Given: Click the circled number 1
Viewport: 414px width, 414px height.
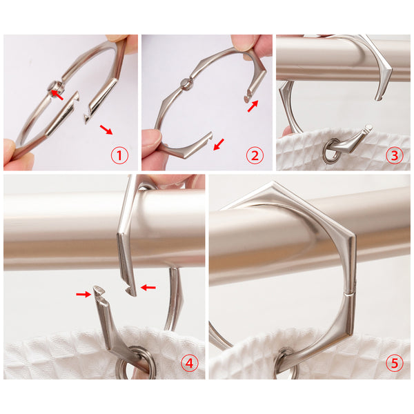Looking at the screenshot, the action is [119, 155].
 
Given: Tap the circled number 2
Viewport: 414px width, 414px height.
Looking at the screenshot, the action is [255, 155].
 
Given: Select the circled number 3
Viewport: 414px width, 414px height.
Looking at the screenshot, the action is [394, 155].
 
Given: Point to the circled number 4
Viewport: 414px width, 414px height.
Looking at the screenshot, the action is [190, 364].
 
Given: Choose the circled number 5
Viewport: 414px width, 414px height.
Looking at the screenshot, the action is [394, 363].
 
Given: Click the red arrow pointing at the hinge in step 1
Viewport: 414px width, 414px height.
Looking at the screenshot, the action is [57, 95].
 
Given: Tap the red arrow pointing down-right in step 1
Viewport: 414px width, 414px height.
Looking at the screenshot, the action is [106, 130].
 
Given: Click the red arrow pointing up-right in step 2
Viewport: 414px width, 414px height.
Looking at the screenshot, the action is [253, 106].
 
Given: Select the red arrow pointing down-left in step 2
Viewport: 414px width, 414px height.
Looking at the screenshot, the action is [219, 144].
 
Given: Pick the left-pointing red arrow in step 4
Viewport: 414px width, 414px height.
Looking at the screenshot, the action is [148, 287].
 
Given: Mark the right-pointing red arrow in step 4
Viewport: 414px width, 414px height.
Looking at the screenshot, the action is [83, 294].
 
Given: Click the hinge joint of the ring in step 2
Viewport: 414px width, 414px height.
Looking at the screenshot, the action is [186, 84].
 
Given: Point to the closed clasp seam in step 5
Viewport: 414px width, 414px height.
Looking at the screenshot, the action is [349, 294].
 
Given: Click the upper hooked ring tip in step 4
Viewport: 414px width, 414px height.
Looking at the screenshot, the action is [130, 290].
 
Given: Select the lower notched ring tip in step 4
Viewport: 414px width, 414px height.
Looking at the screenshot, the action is [99, 291].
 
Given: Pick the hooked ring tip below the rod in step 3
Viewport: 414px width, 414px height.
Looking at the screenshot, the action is [379, 97].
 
